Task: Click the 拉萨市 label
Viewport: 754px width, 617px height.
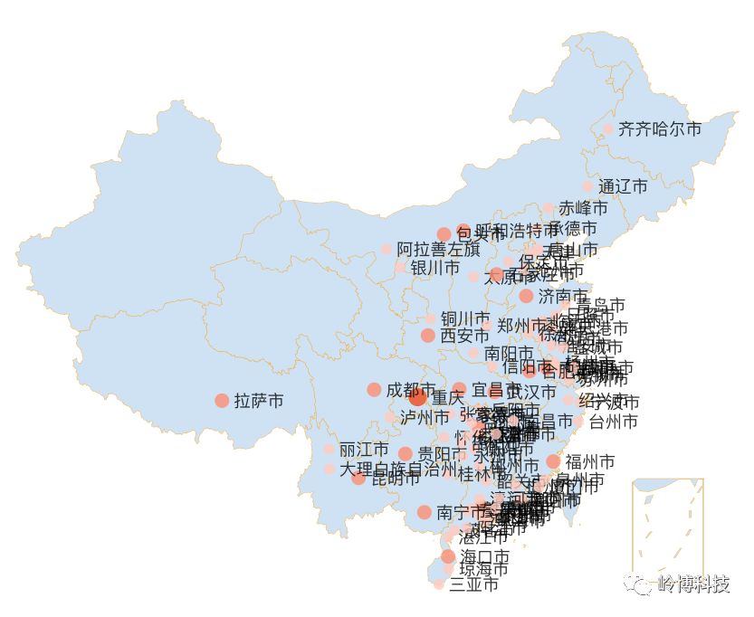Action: pyautogui.click(x=259, y=400)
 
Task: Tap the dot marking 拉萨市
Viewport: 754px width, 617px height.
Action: pyautogui.click(x=222, y=400)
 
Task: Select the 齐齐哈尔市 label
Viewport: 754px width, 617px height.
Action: pyautogui.click(x=660, y=129)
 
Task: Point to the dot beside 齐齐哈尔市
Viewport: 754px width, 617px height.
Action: pyautogui.click(x=608, y=129)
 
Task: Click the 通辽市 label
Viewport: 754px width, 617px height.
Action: pyautogui.click(x=623, y=186)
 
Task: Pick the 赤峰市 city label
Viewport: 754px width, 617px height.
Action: pyautogui.click(x=583, y=208)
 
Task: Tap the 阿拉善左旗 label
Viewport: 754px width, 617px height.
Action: pyautogui.click(x=438, y=249)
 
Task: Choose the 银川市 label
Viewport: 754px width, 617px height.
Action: pyautogui.click(x=434, y=268)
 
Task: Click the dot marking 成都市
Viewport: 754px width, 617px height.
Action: pyautogui.click(x=374, y=390)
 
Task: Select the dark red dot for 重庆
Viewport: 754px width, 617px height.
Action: pyautogui.click(x=417, y=397)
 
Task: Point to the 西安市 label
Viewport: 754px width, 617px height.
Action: pyautogui.click(x=464, y=336)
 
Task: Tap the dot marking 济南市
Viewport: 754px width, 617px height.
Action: pyautogui.click(x=526, y=296)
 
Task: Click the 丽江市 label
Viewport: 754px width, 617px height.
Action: pyautogui.click(x=364, y=450)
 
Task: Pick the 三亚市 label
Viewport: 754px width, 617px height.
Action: pyautogui.click(x=473, y=584)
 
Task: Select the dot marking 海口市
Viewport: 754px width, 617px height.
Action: pyautogui.click(x=448, y=556)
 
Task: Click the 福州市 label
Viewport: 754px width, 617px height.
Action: pyautogui.click(x=590, y=461)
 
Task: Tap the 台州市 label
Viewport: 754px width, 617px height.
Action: pyautogui.click(x=613, y=422)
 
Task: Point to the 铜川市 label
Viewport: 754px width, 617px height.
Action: pyautogui.click(x=465, y=318)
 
